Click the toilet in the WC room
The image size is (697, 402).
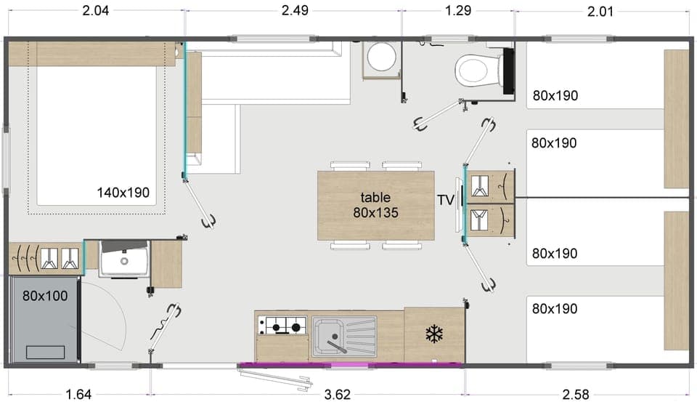pos(475,71)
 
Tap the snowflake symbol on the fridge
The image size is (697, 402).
pos(434,334)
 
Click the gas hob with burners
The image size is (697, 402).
pos(282,327)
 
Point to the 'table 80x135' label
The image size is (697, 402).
pos(375,205)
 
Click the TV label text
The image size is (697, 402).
pos(445,199)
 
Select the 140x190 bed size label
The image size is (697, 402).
pos(123,193)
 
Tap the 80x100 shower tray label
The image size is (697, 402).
pos(45,296)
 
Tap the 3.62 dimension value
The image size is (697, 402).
pos(337,394)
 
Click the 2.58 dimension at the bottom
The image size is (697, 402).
pos(576,394)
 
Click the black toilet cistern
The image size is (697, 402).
pos(508,71)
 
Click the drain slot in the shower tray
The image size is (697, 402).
pos(45,352)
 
